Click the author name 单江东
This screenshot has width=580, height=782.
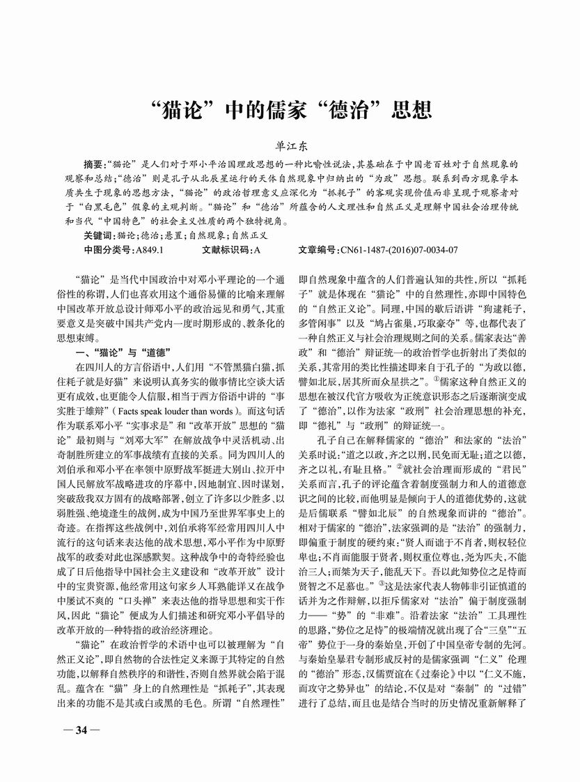pos(290,147)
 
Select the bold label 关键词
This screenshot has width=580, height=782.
pos(99,235)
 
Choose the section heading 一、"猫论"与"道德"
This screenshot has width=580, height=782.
pos(122,350)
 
